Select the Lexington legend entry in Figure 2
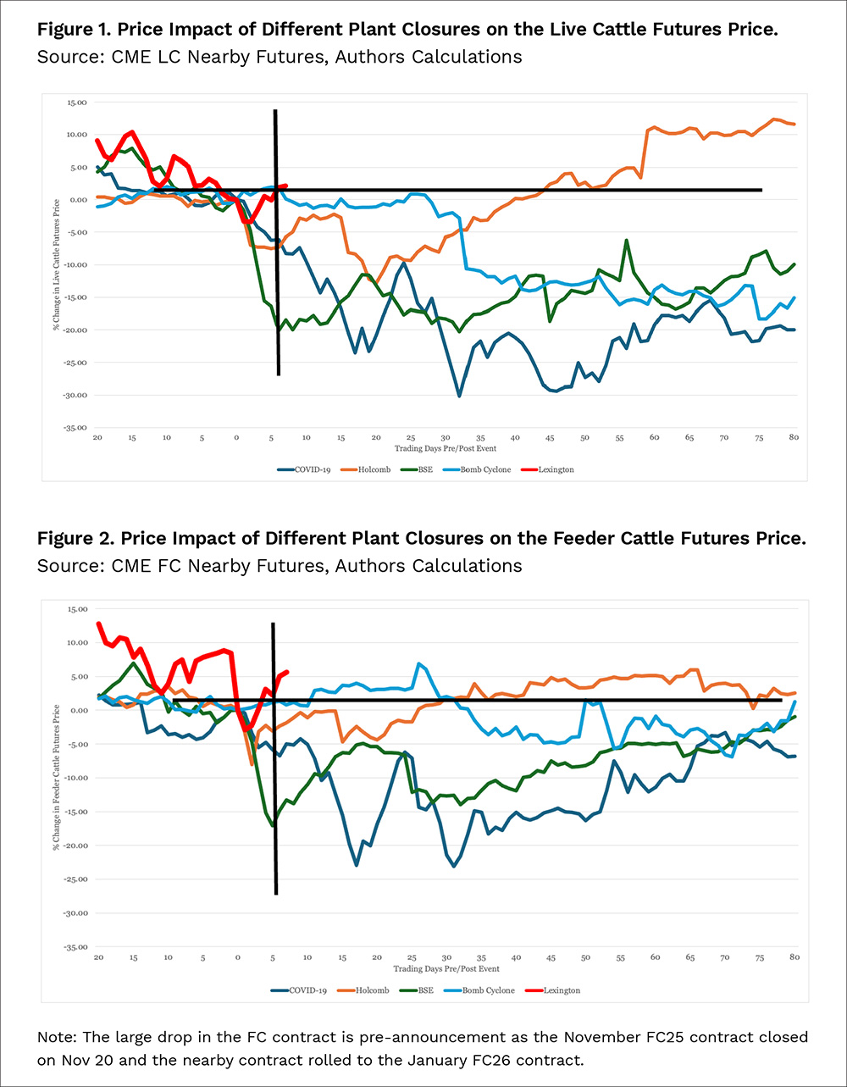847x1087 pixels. pyautogui.click(x=554, y=990)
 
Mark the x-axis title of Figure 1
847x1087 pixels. pyautogui.click(x=445, y=446)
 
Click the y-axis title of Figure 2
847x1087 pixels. pyautogui.click(x=56, y=778)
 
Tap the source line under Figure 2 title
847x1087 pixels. pyautogui.click(x=280, y=565)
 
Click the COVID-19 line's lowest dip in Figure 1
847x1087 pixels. pyautogui.click(x=459, y=396)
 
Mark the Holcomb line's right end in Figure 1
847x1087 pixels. pyautogui.click(x=794, y=124)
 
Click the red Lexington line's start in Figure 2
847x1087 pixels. pyautogui.click(x=98, y=624)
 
